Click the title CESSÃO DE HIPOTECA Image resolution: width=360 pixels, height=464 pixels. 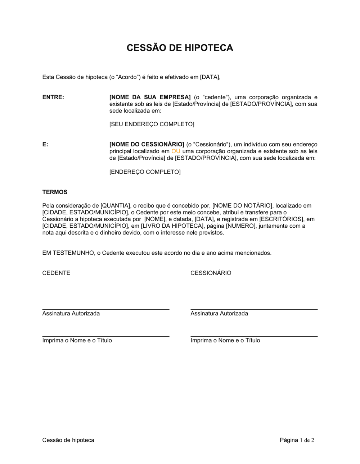click(180, 48)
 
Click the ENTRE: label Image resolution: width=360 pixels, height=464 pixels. click(53, 97)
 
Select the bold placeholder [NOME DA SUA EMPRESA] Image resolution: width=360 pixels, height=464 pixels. click(150, 97)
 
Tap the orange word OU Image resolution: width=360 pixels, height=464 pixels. click(176, 151)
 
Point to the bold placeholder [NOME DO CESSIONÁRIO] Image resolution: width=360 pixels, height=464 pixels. click(147, 145)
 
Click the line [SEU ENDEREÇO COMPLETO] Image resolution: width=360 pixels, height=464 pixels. click(152, 124)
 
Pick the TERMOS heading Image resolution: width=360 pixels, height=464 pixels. click(55, 192)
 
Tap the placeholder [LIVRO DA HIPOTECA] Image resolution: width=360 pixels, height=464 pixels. click(170, 226)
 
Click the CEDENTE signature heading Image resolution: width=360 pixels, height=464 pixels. click(56, 273)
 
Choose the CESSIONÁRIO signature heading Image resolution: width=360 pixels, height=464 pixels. click(211, 273)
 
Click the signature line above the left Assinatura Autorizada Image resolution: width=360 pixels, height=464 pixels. click(105, 309)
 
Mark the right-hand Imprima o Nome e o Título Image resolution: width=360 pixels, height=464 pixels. click(225, 340)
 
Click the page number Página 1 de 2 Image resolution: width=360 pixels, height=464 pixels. click(297, 440)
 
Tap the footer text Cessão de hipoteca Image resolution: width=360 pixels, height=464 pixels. click(68, 440)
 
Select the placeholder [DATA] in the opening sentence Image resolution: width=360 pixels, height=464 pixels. click(210, 77)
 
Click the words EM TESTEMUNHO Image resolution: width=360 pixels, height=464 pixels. click(68, 253)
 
